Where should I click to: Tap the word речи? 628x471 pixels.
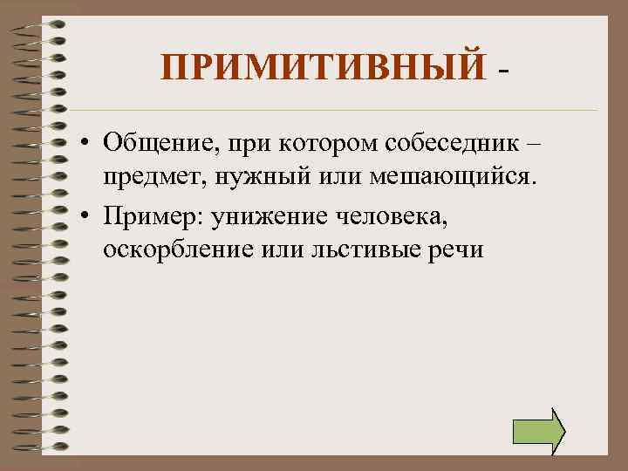pos(454,249)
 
